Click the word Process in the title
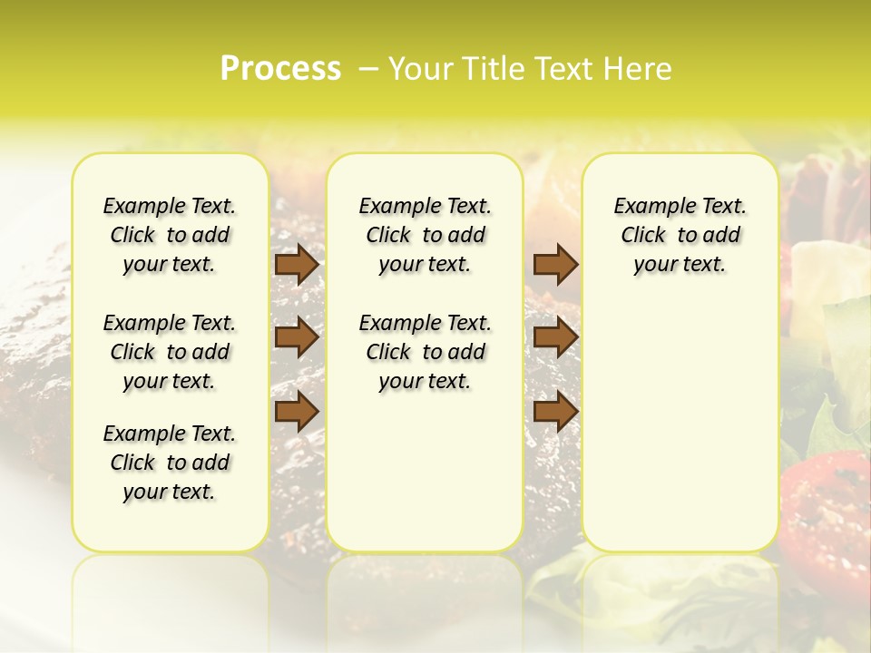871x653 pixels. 280,69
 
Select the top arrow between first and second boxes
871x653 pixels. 297,265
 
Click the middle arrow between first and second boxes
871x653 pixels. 297,337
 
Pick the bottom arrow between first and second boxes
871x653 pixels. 297,411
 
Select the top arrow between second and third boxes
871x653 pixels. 555,265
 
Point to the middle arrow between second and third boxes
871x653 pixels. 555,337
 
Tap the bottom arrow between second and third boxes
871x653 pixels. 555,411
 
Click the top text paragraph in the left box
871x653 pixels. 170,235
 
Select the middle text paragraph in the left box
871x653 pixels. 170,352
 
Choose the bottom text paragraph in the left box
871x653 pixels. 170,463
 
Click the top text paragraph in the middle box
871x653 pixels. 426,235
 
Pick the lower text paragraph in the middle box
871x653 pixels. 426,352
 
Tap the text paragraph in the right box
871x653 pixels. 680,235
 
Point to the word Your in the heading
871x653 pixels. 416,69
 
